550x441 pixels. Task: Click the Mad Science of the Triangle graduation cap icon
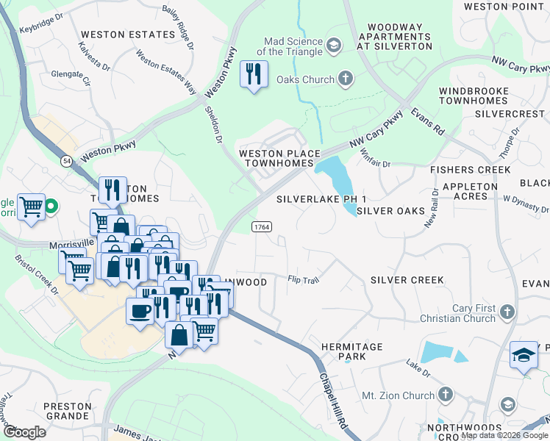pyautogui.click(x=335, y=46)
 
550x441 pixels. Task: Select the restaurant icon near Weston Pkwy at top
pyautogui.click(x=254, y=74)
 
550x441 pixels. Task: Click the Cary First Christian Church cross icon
pyautogui.click(x=505, y=313)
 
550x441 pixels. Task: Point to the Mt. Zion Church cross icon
pyautogui.click(x=445, y=395)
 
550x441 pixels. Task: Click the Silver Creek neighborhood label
pyautogui.click(x=407, y=280)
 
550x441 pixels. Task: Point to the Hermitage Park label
pyautogui.click(x=351, y=351)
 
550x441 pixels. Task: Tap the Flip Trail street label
pyautogui.click(x=303, y=279)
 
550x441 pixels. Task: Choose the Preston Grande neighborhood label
pyautogui.click(x=67, y=411)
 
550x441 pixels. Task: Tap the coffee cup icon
pyautogui.click(x=140, y=311)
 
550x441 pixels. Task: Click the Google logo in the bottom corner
pyautogui.click(x=24, y=432)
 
